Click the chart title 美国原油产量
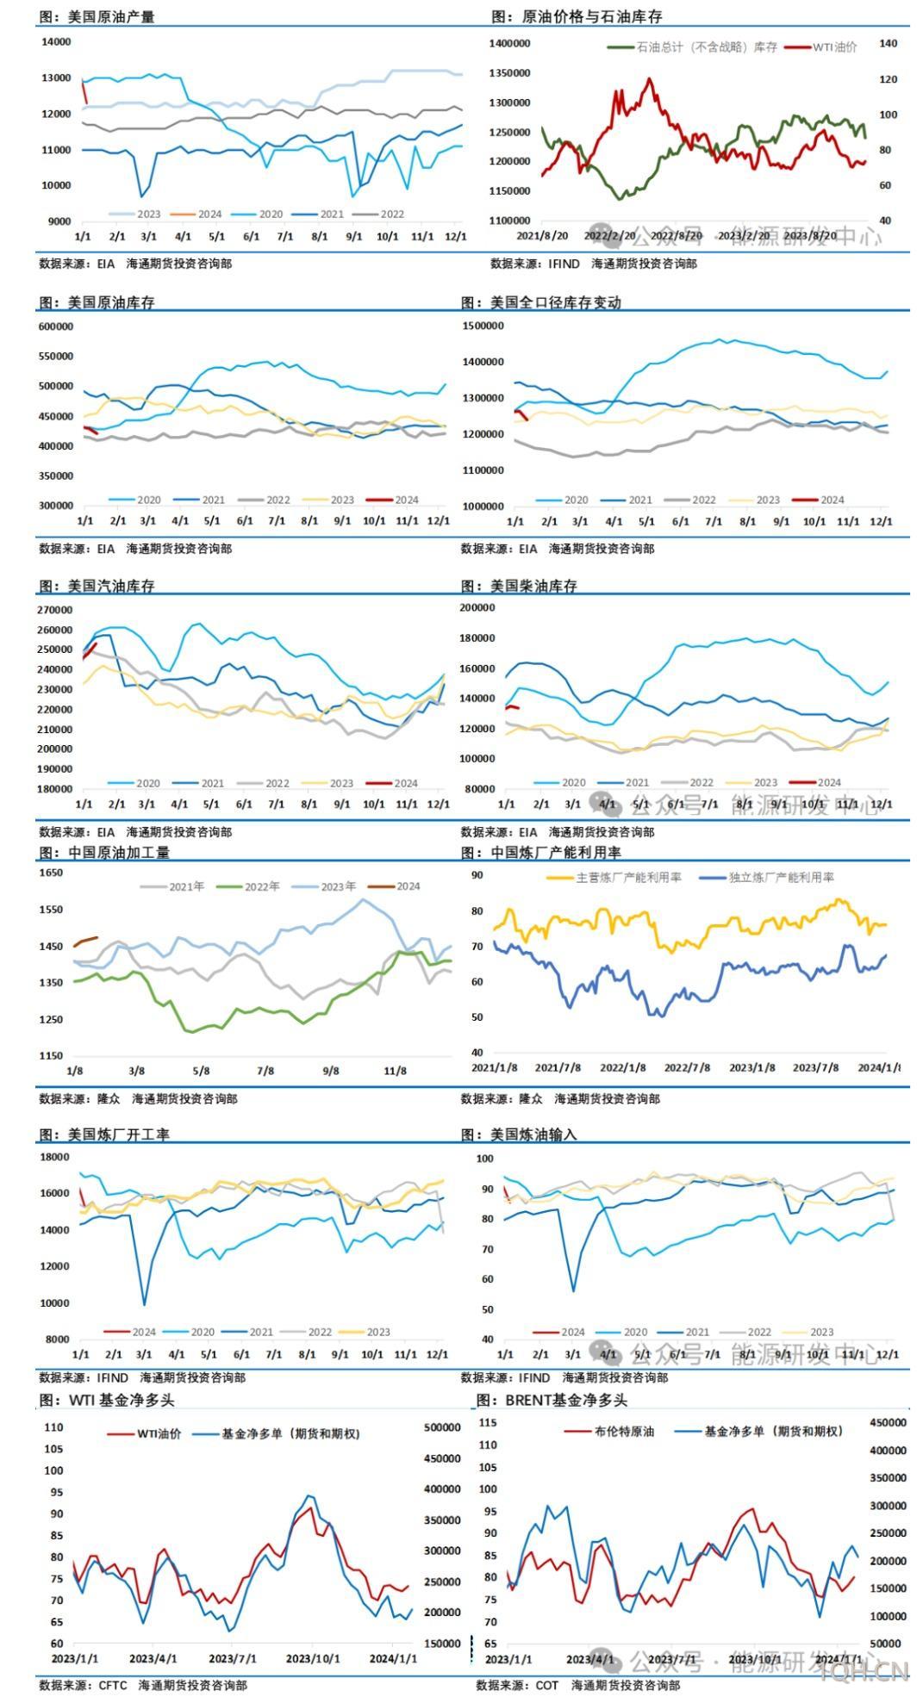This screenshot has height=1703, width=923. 110,16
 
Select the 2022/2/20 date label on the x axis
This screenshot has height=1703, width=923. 610,235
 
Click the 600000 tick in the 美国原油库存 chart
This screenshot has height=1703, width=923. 56,326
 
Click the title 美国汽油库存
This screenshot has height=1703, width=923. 110,586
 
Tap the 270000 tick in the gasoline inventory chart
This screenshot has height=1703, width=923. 54,610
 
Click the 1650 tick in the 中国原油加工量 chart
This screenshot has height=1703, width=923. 51,873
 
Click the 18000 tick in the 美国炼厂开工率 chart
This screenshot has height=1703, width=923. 54,1157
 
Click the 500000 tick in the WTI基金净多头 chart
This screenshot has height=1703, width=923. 442,1427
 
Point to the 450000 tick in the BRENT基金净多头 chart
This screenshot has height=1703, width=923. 888,1422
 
